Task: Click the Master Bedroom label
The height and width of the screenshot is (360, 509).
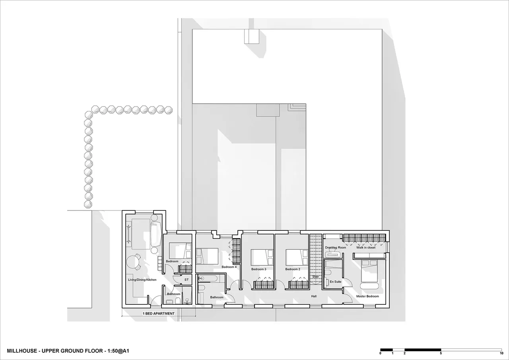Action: tap(367, 296)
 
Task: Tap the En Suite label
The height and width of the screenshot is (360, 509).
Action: tap(335, 282)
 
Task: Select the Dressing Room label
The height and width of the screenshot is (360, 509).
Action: tap(335, 247)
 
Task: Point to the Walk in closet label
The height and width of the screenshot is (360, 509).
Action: tap(366, 247)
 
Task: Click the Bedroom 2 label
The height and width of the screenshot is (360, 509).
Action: tap(293, 269)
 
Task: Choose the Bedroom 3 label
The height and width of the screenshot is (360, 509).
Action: tap(258, 269)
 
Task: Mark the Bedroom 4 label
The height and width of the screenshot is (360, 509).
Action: tap(229, 267)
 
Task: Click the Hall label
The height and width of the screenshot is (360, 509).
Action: tap(314, 296)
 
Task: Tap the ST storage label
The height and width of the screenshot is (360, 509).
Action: tap(187, 280)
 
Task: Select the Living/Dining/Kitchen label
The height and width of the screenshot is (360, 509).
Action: tap(142, 280)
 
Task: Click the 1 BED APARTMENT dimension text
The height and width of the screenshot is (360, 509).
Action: tap(159, 313)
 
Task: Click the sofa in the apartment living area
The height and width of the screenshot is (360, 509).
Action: tap(156, 234)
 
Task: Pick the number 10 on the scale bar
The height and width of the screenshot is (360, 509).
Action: tap(501, 353)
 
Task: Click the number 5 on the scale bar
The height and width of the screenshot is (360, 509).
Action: tap(441, 353)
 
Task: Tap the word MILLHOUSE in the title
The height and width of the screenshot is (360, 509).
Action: tap(22, 351)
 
